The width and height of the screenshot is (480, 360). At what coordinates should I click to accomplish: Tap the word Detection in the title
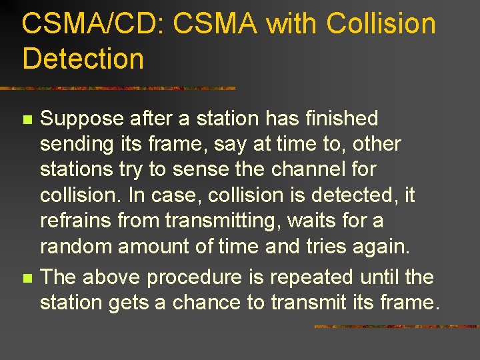83,58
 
